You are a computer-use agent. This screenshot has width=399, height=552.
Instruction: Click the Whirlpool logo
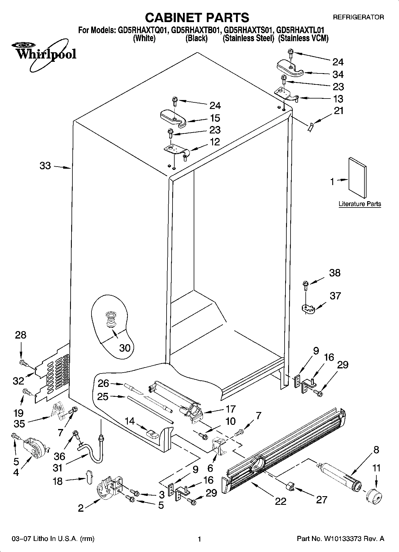(x=44, y=53)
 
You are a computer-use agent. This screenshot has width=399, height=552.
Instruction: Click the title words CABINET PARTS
(x=197, y=18)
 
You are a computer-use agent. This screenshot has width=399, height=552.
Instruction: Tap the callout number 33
(x=45, y=166)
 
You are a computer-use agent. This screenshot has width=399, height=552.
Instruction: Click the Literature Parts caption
(x=360, y=204)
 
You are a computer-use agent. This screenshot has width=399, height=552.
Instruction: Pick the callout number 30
(x=125, y=348)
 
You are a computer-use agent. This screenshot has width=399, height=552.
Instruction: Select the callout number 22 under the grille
(x=280, y=501)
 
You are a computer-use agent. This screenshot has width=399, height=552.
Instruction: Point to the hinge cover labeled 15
(x=173, y=117)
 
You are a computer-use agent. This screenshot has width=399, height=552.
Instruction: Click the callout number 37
(x=335, y=296)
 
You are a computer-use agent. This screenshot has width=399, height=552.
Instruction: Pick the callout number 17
(x=230, y=409)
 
